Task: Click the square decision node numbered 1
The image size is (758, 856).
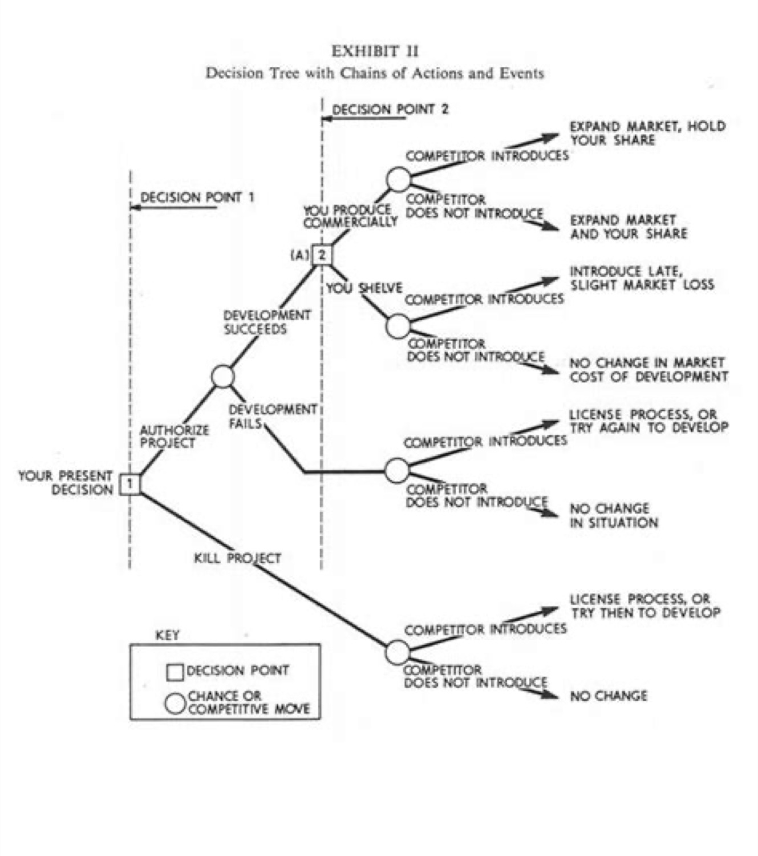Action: click(130, 484)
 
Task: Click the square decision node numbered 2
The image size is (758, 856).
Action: click(322, 255)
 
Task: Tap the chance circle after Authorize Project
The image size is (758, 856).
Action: click(223, 376)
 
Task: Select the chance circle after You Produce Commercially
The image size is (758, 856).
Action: click(398, 179)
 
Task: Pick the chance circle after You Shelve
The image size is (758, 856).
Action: click(398, 326)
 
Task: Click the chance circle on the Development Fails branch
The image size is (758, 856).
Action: click(397, 470)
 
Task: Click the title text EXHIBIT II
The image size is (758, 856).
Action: click(375, 51)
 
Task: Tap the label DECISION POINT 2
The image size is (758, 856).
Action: click(390, 109)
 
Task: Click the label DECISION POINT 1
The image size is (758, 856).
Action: click(197, 197)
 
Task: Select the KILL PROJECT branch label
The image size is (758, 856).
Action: click(237, 558)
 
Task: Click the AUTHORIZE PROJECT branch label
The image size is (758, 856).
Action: click(174, 437)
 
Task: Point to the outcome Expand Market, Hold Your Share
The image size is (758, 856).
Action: click(647, 133)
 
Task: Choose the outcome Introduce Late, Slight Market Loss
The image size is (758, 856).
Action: click(641, 278)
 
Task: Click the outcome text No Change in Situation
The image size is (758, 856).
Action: click(613, 515)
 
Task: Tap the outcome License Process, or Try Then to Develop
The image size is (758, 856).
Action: click(644, 605)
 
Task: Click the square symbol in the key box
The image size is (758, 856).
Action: click(175, 672)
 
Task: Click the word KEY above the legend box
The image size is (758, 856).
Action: click(167, 635)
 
